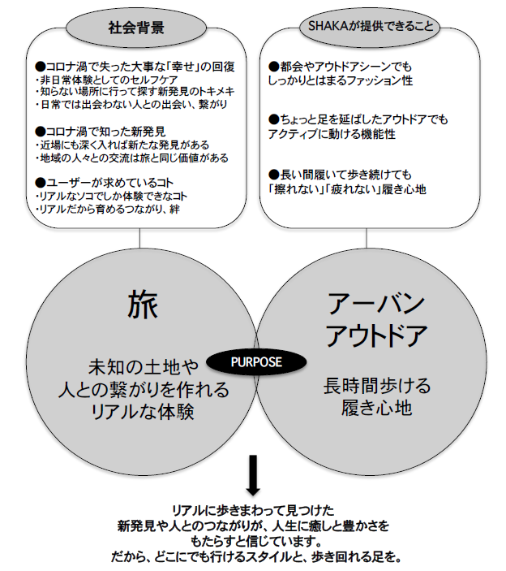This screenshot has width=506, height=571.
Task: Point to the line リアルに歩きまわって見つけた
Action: pos(252,510)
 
